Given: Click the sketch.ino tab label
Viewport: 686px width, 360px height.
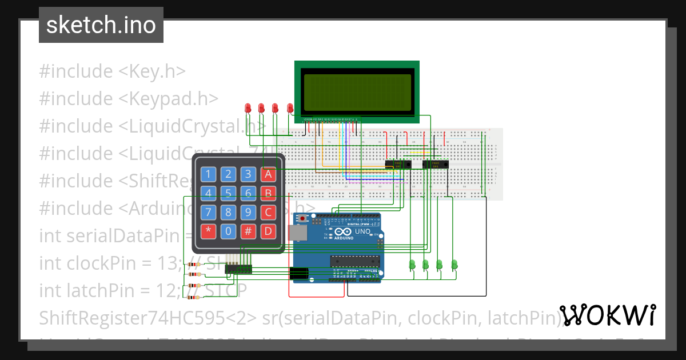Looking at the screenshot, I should coord(101,25).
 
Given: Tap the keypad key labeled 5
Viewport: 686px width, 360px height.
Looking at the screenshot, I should coord(229,193).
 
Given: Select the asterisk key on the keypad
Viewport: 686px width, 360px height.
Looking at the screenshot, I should coord(209,231).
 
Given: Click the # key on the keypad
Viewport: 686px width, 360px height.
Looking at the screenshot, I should coord(248,231).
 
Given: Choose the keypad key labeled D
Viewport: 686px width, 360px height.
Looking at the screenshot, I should coord(268,231).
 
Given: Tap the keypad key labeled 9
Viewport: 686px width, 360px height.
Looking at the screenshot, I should coord(248,213).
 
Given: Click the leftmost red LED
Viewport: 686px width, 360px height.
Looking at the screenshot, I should coord(248,107).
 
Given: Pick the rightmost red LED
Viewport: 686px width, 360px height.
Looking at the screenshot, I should coord(290,107).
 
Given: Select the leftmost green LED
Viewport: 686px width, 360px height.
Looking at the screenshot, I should coord(412,264).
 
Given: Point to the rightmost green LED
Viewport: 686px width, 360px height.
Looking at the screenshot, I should coord(454,264).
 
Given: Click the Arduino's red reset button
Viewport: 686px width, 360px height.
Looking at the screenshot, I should coord(302,218).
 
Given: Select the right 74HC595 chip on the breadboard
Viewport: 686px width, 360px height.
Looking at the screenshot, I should coord(435,165).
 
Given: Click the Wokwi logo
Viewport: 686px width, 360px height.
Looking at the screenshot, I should coord(607,315).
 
